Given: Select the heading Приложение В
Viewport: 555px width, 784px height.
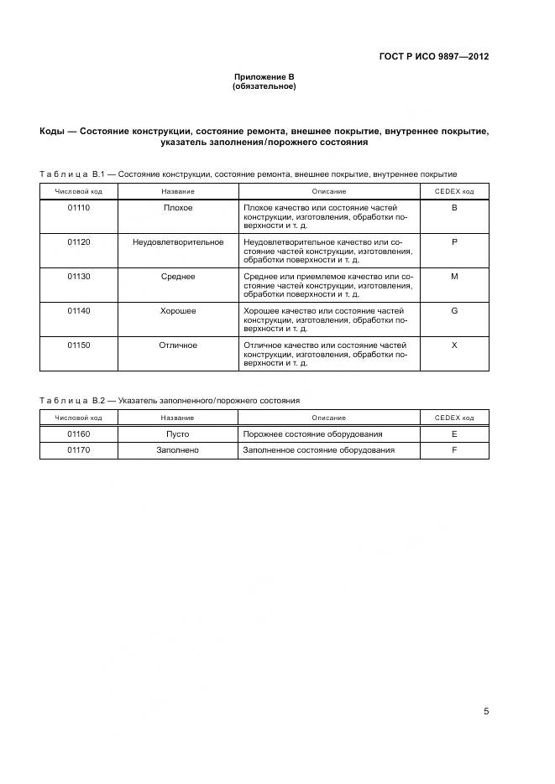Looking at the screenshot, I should point(264,77).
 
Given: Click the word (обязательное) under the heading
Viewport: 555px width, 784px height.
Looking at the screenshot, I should point(264,86).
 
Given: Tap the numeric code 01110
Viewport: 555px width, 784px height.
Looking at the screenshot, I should point(79,207).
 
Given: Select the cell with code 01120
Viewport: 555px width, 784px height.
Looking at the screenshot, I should point(79,241).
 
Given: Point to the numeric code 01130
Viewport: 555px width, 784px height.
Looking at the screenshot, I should point(79,276).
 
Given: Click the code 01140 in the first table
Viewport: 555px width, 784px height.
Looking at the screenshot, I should point(79,310).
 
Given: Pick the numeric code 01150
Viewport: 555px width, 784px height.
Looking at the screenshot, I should point(79,345).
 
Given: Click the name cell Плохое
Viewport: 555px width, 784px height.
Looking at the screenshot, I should point(178,207).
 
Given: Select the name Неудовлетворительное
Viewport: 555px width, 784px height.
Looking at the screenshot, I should point(178,241).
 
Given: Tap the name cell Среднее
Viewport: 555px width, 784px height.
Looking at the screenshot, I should point(178,276).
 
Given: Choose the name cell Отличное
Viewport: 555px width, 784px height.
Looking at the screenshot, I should point(178,345).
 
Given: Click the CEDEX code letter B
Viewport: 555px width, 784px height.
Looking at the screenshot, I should point(454,207).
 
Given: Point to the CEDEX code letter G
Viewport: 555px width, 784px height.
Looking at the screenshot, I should point(454,310).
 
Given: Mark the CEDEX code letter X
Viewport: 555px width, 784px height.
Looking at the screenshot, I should point(454,345).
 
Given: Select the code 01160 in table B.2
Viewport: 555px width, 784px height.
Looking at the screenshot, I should point(79,434).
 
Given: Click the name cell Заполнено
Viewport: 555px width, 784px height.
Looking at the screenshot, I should point(178,450).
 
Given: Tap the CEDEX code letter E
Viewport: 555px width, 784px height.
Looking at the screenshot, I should point(454,434).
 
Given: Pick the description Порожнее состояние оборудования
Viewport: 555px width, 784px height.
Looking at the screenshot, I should point(312,434).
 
